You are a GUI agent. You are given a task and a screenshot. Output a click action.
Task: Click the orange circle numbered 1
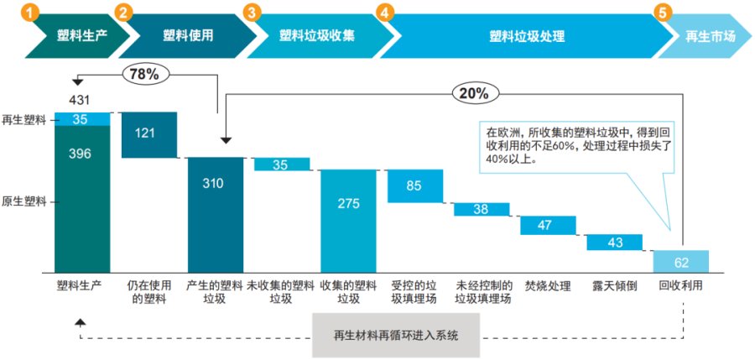30,13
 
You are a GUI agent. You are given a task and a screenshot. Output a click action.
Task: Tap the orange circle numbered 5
664,13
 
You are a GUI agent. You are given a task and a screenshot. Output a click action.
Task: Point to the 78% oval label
143,74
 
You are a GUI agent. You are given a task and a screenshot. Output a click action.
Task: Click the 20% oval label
475,93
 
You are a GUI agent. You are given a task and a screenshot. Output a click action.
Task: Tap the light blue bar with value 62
681,261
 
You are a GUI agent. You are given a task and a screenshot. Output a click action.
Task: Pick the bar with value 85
414,185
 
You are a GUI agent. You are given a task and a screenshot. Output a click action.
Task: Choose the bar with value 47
547,225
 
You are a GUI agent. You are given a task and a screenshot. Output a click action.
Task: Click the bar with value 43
614,242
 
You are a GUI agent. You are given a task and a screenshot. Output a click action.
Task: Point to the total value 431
81,101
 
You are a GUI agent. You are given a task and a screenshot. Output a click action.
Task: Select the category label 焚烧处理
547,286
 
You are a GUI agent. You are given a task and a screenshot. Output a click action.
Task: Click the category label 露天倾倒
614,286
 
